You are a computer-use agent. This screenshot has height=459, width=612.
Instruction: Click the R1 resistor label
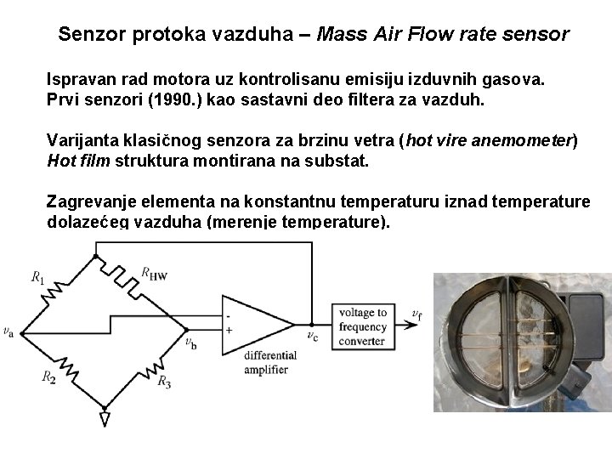38,276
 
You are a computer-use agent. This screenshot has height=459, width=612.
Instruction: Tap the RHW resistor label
154,273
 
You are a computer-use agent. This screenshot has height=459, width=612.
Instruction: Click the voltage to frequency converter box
362,326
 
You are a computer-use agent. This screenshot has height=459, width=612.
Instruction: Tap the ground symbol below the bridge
105,418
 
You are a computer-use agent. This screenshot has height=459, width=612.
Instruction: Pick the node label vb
190,343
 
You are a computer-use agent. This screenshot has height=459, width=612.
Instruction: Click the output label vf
416,314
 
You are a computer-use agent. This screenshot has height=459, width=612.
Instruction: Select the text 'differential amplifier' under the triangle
269,362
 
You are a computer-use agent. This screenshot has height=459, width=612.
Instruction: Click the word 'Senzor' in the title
91,35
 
